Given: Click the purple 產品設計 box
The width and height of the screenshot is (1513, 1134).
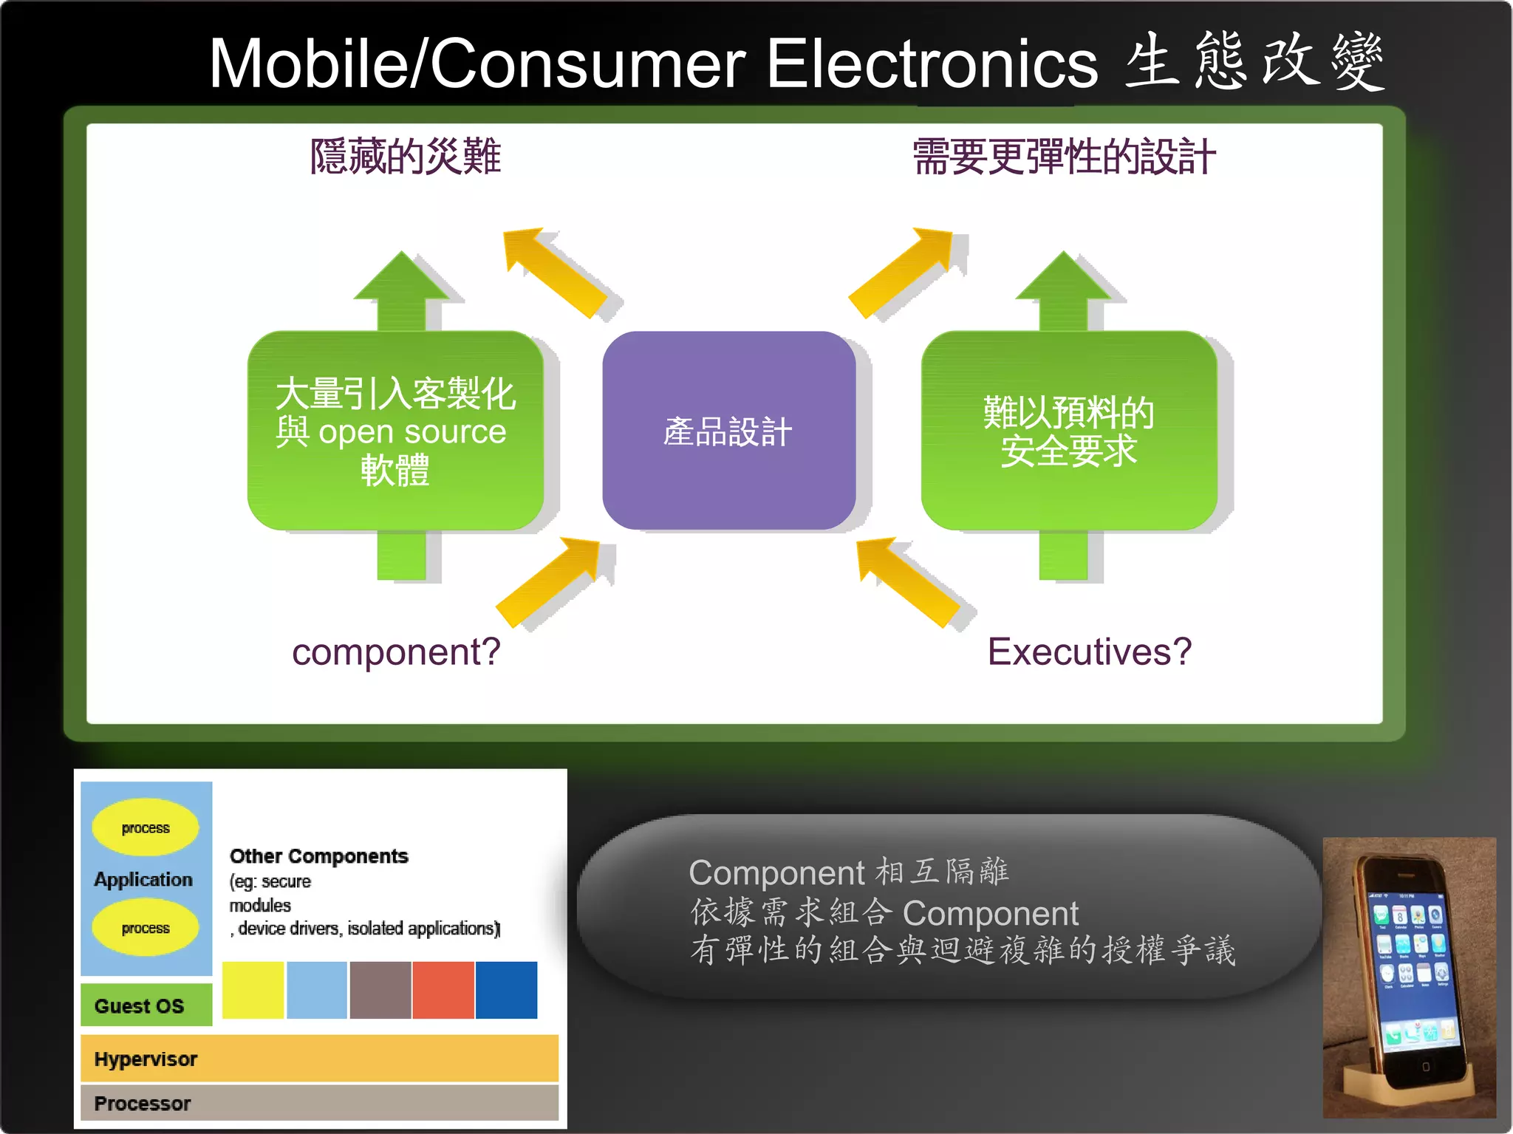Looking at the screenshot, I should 728,431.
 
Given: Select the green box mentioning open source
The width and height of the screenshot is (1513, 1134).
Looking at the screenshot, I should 395,431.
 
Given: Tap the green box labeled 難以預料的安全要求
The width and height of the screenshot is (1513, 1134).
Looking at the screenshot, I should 1068,431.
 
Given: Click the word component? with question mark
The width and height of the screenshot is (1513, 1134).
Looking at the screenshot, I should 396,652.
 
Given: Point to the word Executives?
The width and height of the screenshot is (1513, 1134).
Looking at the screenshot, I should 1089,652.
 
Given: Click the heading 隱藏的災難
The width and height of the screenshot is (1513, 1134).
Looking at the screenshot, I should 405,157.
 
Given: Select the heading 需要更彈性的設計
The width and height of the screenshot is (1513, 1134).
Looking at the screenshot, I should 1063,157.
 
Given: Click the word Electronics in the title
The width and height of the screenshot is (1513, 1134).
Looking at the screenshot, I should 932,64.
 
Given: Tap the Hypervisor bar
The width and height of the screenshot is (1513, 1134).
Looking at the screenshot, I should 319,1059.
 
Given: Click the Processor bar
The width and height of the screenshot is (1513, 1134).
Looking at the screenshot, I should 319,1102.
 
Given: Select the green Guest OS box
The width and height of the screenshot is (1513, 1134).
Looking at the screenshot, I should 146,1005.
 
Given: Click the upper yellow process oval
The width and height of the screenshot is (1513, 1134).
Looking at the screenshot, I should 146,827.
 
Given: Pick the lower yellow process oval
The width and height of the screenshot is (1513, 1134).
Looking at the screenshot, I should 146,927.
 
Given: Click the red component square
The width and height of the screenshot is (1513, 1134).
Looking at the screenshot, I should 443,990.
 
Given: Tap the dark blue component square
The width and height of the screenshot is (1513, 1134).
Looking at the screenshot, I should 506,990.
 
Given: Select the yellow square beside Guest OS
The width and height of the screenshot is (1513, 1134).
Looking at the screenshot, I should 253,990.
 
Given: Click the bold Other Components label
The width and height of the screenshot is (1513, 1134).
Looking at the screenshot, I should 318,855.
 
